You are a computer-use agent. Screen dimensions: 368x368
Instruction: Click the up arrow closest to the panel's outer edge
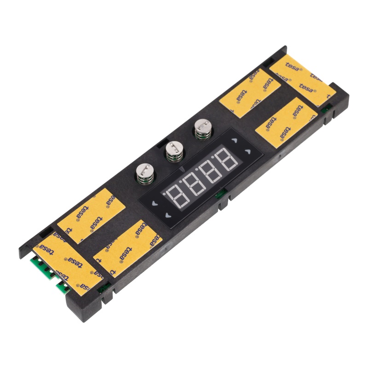tap(248, 151)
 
